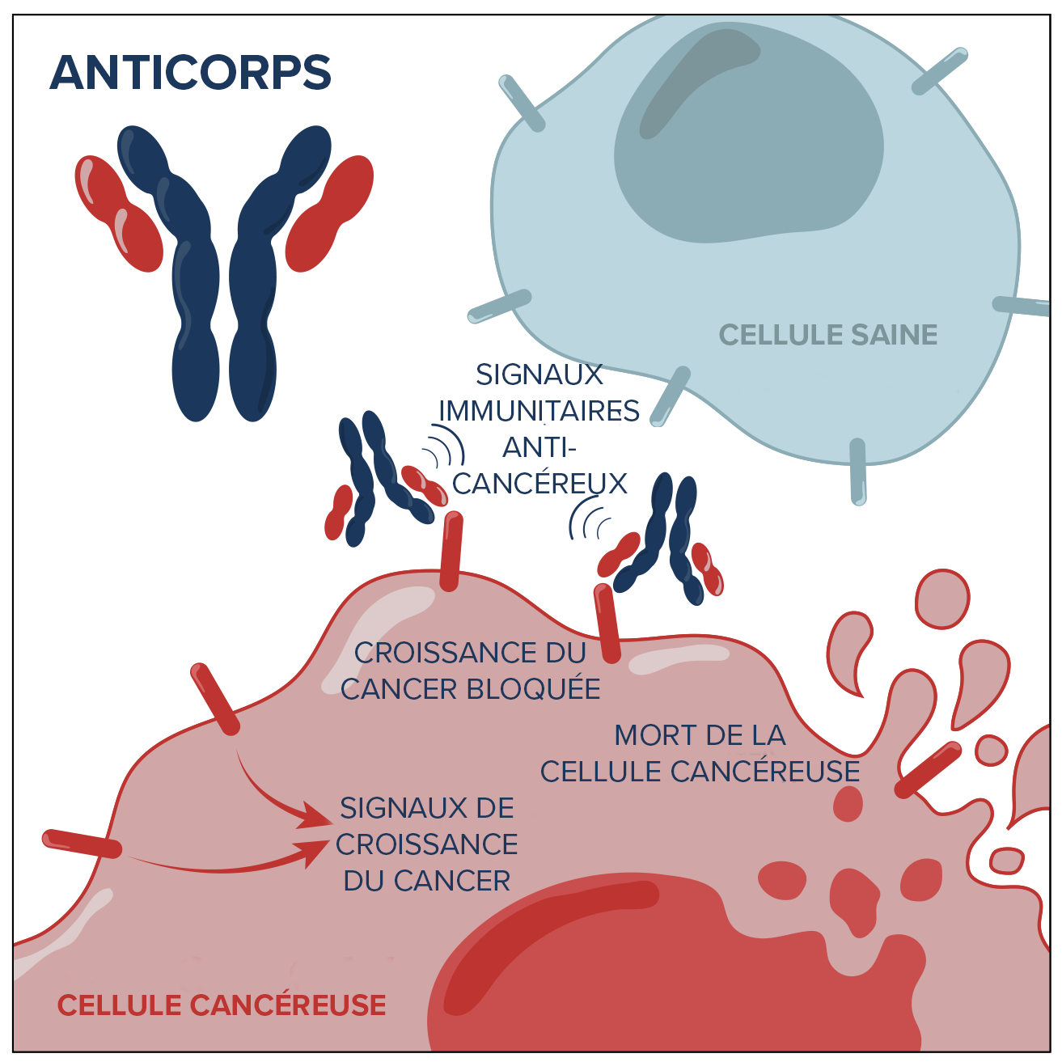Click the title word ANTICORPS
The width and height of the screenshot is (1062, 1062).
tap(191, 73)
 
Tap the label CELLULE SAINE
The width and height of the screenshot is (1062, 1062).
tap(827, 335)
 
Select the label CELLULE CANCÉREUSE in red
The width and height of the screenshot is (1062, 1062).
tap(222, 1005)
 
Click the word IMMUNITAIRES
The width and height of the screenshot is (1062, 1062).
tap(539, 411)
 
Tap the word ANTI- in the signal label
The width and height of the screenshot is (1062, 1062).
tap(539, 447)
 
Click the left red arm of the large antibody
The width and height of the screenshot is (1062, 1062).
tap(117, 213)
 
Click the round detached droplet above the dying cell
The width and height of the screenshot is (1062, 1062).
tap(942, 599)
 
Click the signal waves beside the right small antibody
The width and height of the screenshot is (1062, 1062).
tap(589, 519)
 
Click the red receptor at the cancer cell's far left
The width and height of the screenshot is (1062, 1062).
tap(82, 843)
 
